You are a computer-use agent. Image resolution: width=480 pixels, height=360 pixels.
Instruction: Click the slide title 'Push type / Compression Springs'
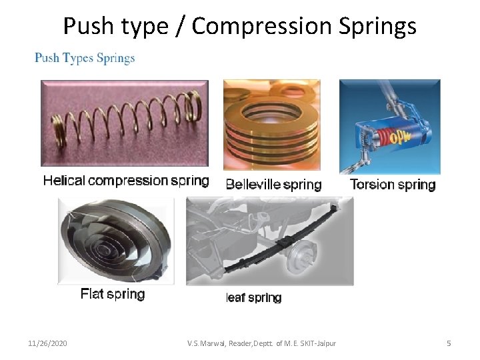point(240,26)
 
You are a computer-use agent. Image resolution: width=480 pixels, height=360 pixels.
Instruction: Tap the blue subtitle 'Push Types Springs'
point(85,58)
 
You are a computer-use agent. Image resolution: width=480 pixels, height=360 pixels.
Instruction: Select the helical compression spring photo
point(125,123)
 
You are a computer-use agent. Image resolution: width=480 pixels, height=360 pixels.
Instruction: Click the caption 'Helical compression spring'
point(126,181)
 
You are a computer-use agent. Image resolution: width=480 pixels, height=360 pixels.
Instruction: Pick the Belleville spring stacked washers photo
point(271,125)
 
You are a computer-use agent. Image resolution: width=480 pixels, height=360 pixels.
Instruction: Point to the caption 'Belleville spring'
point(273,185)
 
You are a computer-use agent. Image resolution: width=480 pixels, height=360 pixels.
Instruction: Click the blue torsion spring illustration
point(389,126)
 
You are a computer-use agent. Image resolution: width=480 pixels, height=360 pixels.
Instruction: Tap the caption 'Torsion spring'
point(393,185)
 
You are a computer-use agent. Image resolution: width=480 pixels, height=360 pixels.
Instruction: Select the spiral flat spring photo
point(116,241)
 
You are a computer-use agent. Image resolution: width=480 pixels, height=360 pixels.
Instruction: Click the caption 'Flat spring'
point(113,294)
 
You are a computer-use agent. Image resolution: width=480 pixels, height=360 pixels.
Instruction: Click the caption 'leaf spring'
point(254,298)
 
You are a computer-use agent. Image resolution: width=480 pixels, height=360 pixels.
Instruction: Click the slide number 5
point(449,343)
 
